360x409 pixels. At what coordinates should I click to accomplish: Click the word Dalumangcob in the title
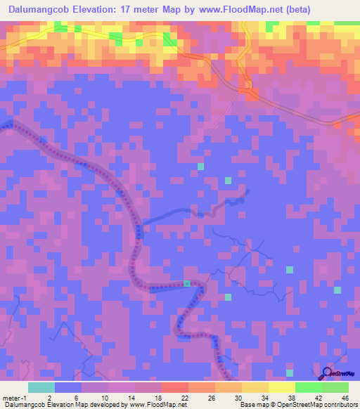(40, 10)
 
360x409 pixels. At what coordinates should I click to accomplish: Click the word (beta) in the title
(293, 10)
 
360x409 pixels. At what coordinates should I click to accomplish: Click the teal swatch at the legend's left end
(41, 387)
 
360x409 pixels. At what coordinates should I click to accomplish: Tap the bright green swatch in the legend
(308, 387)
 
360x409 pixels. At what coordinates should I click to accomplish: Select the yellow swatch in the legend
(281, 387)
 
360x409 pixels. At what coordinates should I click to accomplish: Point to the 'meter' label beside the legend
(12, 397)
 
